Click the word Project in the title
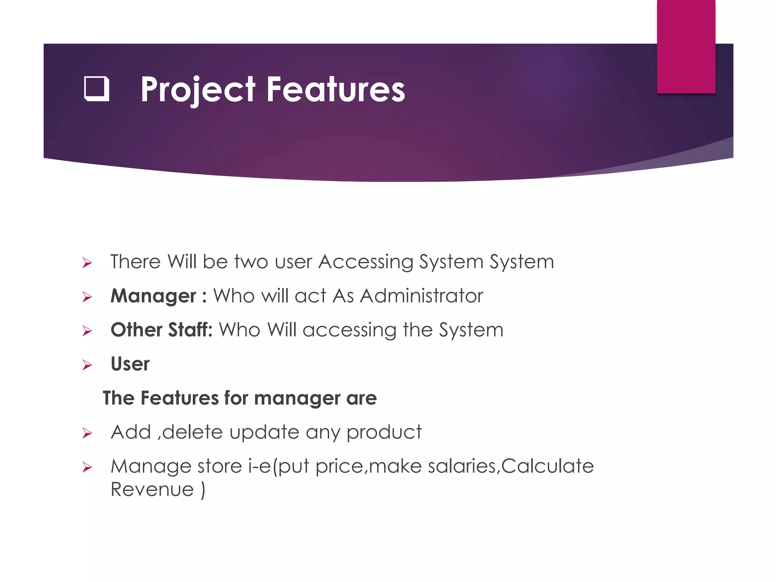198,90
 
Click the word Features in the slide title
336,90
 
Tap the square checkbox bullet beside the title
97,89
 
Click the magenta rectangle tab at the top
686,46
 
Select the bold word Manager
153,296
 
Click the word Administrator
421,296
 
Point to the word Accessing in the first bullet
366,262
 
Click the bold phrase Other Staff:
161,330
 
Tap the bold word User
130,364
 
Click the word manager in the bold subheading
297,399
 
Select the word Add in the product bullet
131,432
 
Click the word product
384,432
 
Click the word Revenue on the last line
152,490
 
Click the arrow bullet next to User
87,365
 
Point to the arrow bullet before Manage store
87,467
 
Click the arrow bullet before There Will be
87,263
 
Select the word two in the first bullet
251,262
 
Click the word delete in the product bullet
192,432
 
